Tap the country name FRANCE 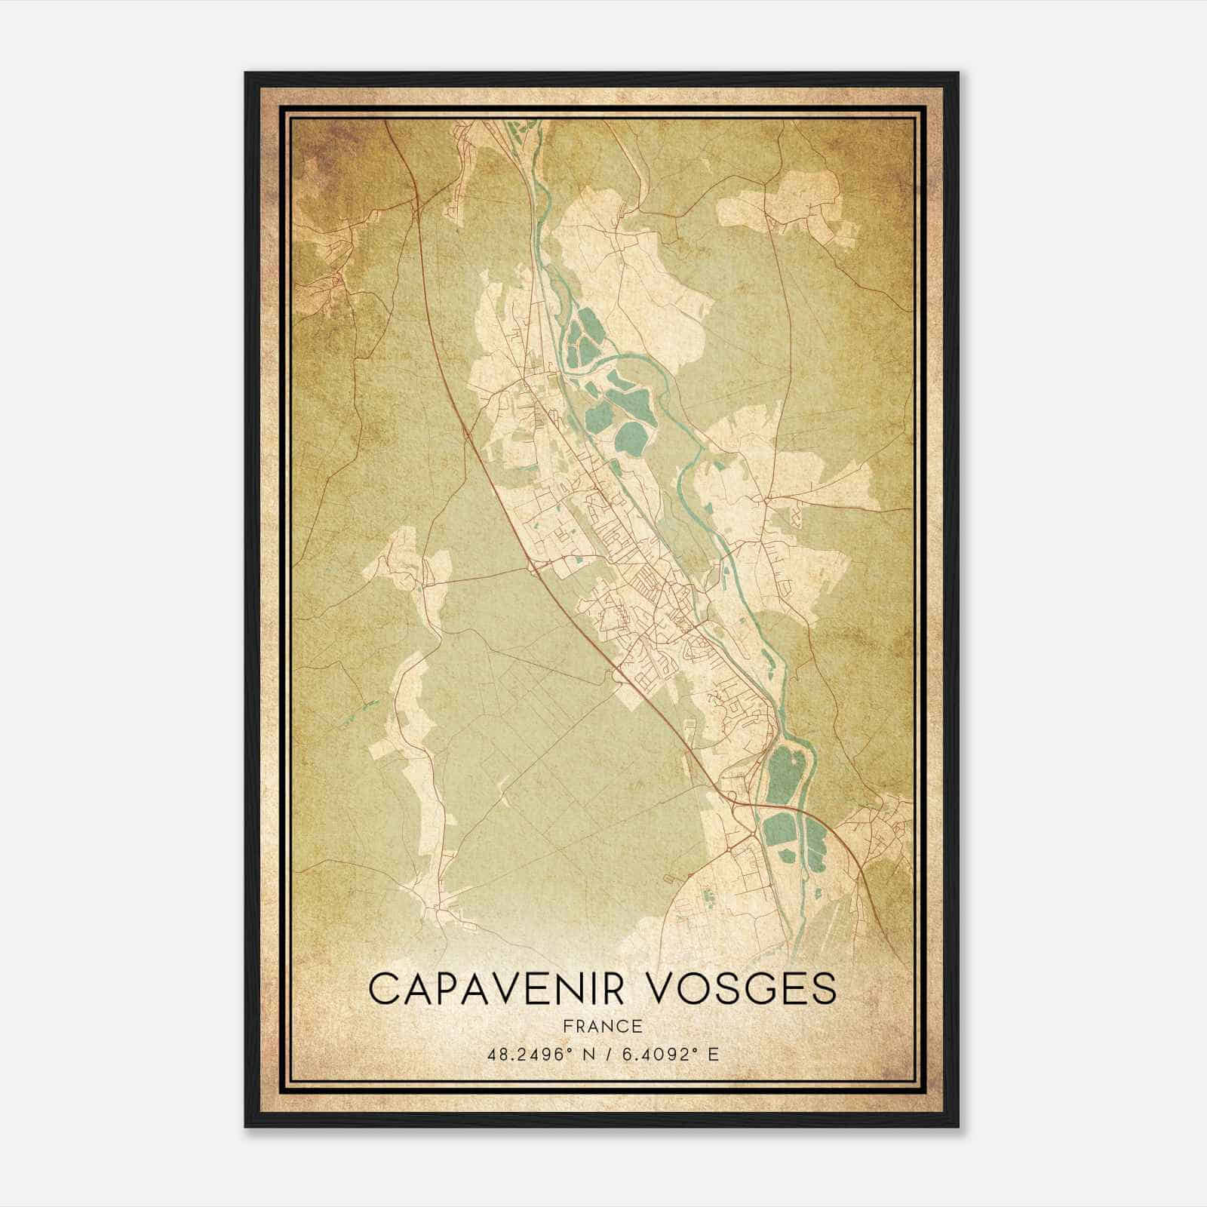click(602, 1026)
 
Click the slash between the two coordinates click(603, 1054)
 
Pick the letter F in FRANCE click(567, 1026)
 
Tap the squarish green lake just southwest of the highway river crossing click(777, 830)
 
